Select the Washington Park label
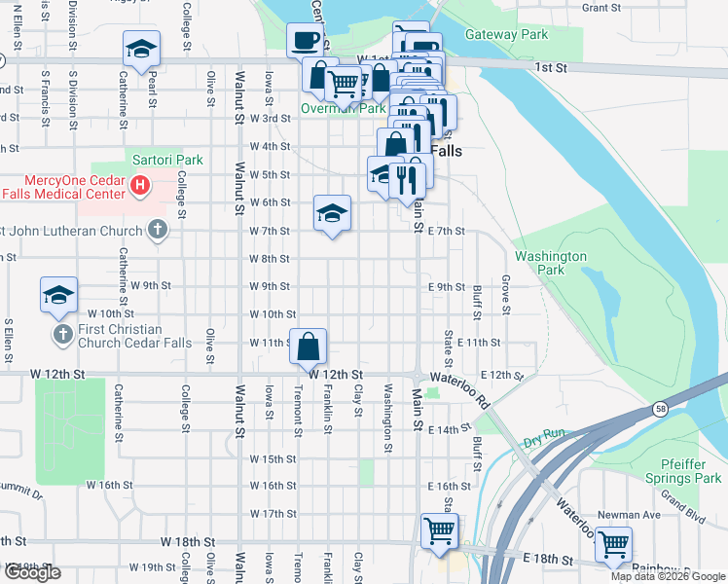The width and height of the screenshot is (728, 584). coord(551,263)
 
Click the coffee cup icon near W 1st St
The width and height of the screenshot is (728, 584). coord(305,40)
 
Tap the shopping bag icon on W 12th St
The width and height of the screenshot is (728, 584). coord(308,347)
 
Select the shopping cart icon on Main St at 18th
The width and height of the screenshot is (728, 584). coord(439,530)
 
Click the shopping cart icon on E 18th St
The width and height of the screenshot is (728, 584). coord(613,543)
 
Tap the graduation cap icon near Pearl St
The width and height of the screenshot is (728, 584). coord(141,49)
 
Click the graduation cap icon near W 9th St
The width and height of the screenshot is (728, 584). coord(58,294)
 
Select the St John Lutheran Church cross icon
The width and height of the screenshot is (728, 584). coord(158,230)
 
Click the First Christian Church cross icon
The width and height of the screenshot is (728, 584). coord(62,335)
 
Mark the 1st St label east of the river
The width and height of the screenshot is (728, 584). coord(550,67)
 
